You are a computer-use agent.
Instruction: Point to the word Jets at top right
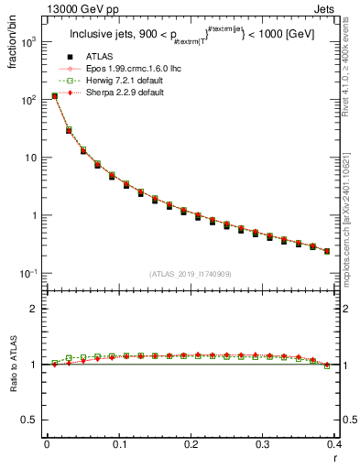(341, 10)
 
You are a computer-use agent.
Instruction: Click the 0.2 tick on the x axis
(191, 444)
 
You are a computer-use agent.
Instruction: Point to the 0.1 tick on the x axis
(119, 444)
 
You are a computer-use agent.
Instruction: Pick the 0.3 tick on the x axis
(263, 444)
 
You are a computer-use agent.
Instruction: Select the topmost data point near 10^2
(54, 95)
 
